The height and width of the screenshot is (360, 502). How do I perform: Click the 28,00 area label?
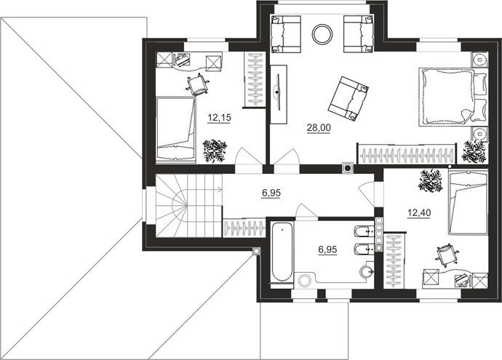point(319,128)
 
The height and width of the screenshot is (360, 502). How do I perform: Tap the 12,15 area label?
point(219,118)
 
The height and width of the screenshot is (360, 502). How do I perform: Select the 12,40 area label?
point(419,212)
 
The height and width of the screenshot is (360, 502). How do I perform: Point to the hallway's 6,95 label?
point(271,193)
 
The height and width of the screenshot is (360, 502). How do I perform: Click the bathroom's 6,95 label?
point(327,249)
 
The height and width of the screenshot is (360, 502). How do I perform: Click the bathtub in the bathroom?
point(282,252)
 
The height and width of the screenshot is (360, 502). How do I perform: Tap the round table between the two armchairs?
point(322,35)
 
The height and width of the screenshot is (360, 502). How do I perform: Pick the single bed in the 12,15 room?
point(176,129)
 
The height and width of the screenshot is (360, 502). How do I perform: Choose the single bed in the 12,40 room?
point(468,203)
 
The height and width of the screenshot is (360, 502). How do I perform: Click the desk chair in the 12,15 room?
point(198,84)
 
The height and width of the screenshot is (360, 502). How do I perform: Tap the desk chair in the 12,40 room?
point(446,255)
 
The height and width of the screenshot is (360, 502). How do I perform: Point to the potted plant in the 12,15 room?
point(215,151)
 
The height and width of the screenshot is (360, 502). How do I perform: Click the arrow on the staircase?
point(204,189)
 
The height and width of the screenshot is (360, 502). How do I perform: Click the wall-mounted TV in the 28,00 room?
point(278,93)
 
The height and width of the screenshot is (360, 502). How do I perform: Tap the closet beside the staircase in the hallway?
point(244,228)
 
